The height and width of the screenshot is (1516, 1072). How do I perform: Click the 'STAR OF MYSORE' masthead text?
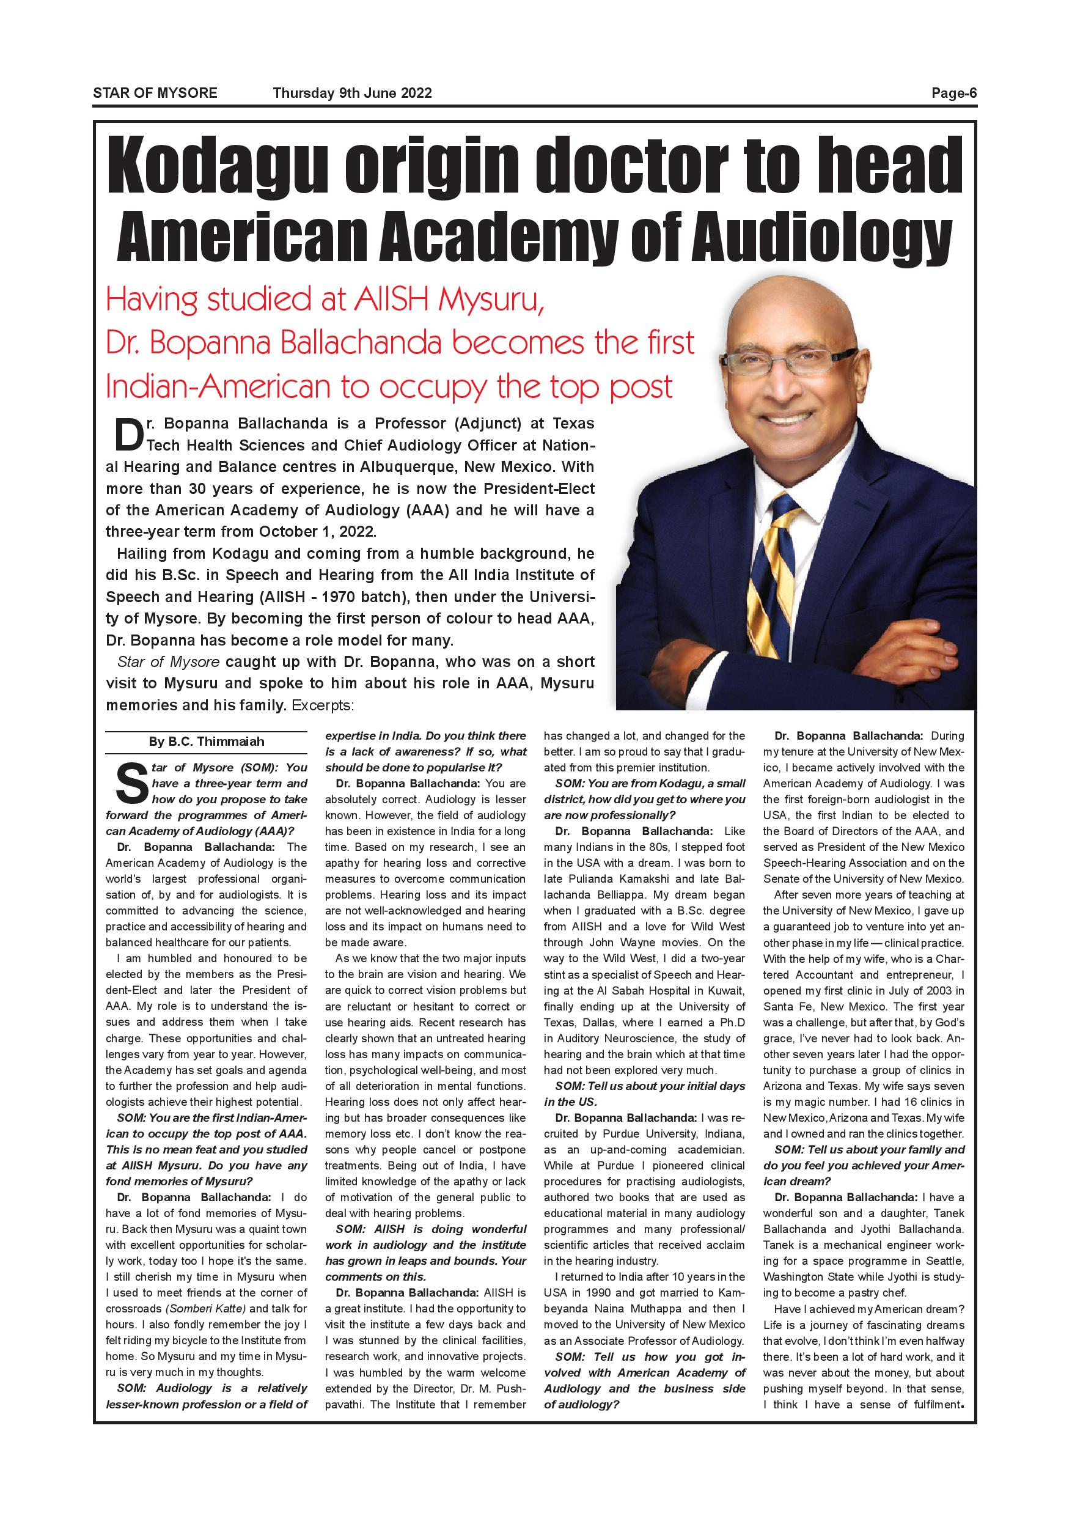[155, 93]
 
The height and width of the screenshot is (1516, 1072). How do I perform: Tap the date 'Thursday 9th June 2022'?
[353, 93]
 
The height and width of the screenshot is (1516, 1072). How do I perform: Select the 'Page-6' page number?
[953, 93]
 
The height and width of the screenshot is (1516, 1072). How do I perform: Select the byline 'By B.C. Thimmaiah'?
[206, 741]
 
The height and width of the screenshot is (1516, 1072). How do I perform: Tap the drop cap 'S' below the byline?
[131, 784]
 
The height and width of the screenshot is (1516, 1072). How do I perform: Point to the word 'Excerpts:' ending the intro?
[323, 705]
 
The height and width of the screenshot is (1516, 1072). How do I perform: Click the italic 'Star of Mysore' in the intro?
[168, 661]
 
